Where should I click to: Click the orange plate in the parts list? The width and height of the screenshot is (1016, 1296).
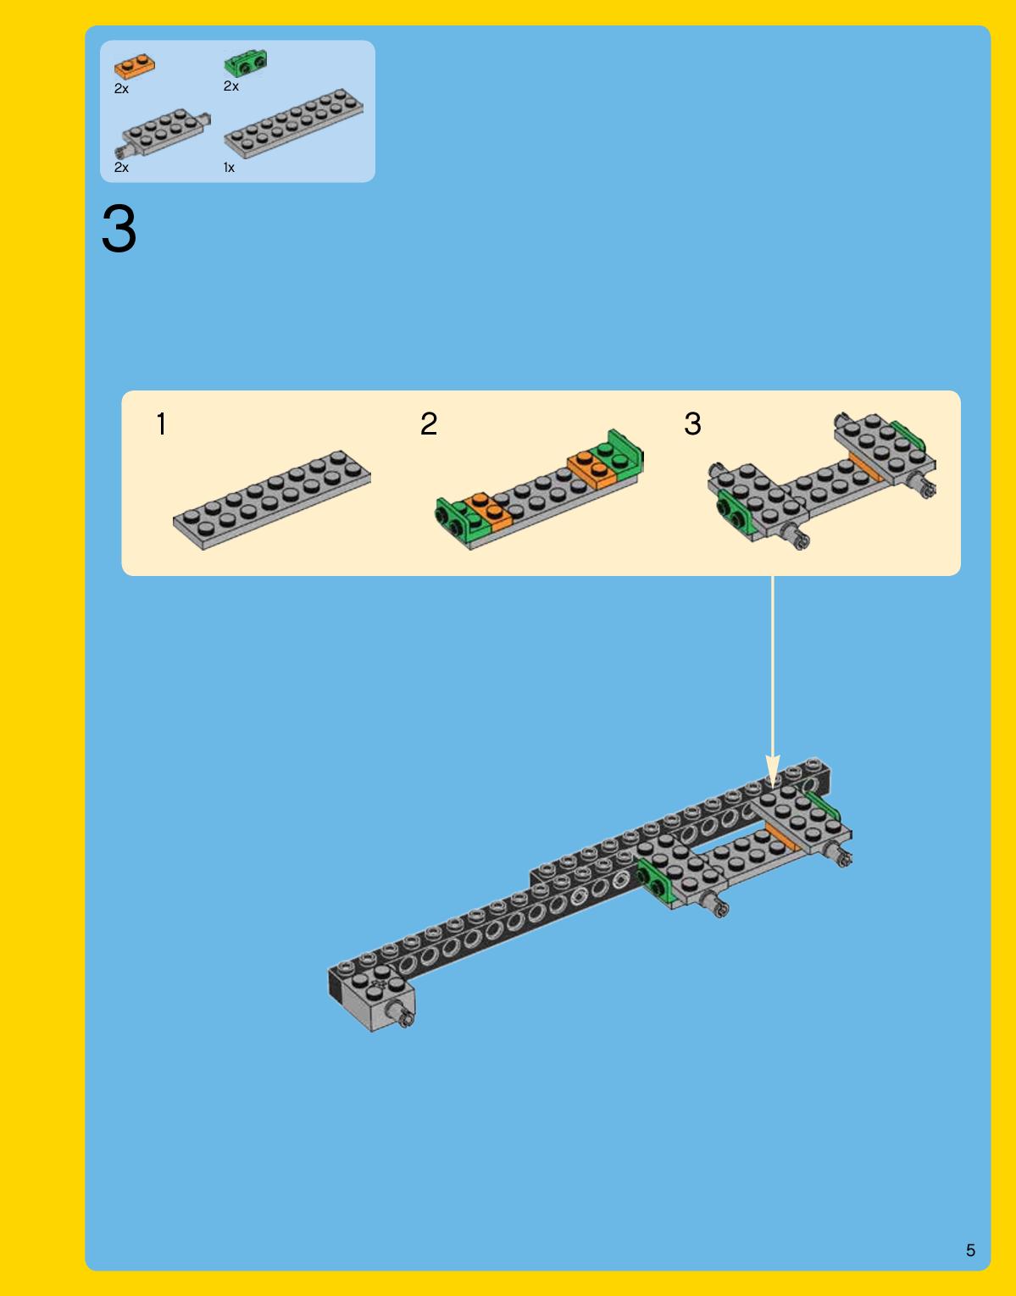coord(134,66)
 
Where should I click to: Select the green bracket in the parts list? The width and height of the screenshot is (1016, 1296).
coord(246,63)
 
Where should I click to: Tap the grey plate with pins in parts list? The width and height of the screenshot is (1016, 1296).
coord(163,132)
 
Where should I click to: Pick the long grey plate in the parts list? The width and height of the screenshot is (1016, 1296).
coord(293,123)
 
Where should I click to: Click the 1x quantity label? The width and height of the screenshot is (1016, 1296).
coord(229,168)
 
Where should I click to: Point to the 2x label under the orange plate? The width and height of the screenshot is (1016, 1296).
coord(121,89)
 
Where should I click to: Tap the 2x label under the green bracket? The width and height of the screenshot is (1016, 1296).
coord(230,86)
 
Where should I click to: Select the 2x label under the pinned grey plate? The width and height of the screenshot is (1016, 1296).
coord(121,168)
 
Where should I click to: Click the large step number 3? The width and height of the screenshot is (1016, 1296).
coord(119,229)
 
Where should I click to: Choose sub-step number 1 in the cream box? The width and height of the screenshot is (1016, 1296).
coord(161,424)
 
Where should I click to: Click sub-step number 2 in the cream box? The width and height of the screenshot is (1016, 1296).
coord(429,424)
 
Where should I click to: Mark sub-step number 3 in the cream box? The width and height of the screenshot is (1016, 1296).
coord(692,424)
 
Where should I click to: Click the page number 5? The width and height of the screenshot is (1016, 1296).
coord(970,1250)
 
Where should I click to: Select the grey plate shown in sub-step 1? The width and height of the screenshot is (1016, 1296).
coord(272,500)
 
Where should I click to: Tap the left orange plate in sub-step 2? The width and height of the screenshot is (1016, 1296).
coord(489,511)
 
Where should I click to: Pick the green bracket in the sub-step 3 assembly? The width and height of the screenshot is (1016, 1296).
coord(733,512)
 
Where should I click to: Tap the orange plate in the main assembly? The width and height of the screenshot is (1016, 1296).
coord(782,838)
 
